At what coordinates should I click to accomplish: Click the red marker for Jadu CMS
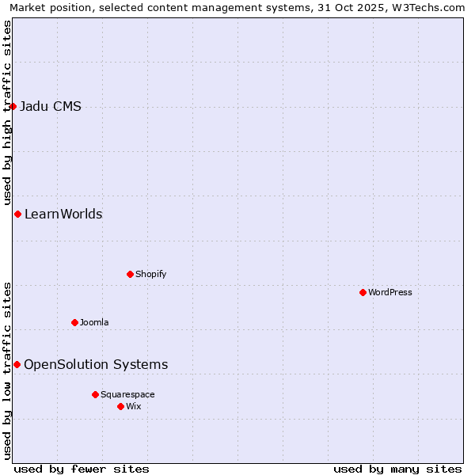point(13,106)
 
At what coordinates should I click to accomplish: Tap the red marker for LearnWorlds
point(17,214)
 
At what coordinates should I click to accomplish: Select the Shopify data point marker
point(130,274)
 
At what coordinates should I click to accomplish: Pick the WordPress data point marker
point(363,292)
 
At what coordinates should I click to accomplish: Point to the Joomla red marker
point(74,322)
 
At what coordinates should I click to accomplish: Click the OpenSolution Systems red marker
point(17,364)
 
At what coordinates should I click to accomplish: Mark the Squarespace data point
point(95,394)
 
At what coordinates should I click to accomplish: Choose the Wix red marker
point(120,406)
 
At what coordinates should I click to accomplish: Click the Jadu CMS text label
point(51,107)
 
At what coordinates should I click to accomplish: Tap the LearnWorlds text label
point(63,215)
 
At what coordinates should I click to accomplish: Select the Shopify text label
point(150,275)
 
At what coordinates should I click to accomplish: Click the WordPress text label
point(390,293)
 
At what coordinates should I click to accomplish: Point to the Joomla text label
point(94,323)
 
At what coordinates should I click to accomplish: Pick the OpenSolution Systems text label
point(96,365)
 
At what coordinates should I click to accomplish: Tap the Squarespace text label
point(127,395)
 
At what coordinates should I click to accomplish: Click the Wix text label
point(134,407)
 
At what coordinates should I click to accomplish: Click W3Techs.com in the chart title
point(432,7)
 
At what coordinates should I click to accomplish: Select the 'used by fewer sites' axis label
point(82,469)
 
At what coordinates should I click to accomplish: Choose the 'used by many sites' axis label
point(397,469)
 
